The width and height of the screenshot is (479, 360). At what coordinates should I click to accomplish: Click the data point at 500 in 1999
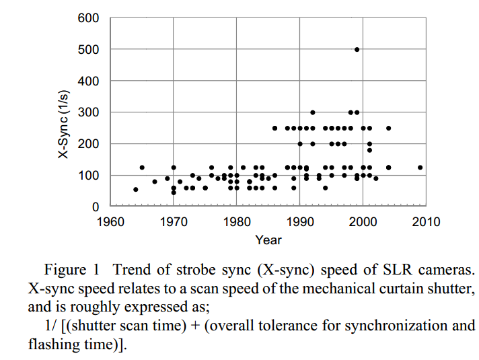click(357, 49)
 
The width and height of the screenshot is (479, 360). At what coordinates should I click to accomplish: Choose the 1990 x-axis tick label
click(300, 221)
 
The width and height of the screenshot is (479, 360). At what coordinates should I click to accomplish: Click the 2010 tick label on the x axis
click(427, 221)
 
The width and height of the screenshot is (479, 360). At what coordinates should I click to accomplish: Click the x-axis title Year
click(268, 240)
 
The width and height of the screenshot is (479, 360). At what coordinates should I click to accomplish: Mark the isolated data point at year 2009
click(420, 168)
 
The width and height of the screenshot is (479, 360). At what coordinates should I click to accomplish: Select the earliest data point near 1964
click(135, 190)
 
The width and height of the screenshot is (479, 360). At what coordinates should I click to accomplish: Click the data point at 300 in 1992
click(312, 112)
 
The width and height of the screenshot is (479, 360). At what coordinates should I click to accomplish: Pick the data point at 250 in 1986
click(274, 128)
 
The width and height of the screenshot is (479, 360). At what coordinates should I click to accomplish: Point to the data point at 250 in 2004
click(388, 128)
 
